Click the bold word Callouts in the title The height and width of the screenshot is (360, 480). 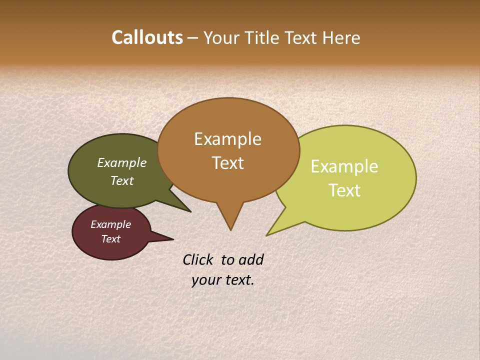pyautogui.click(x=147, y=37)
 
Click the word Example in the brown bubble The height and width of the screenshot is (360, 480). pyautogui.click(x=227, y=139)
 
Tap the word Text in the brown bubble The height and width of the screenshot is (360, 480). pyautogui.click(x=227, y=163)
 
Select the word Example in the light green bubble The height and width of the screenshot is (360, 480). pyautogui.click(x=344, y=166)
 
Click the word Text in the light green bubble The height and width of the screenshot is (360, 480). pyautogui.click(x=344, y=190)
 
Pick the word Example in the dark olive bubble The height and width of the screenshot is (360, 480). pyautogui.click(x=122, y=163)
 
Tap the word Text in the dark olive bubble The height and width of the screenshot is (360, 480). pyautogui.click(x=122, y=180)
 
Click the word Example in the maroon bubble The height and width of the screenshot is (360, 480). pyautogui.click(x=110, y=224)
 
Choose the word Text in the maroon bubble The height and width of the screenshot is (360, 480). pyautogui.click(x=110, y=239)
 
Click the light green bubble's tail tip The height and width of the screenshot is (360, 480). pyautogui.click(x=267, y=234)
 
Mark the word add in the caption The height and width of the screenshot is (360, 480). pyautogui.click(x=250, y=259)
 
